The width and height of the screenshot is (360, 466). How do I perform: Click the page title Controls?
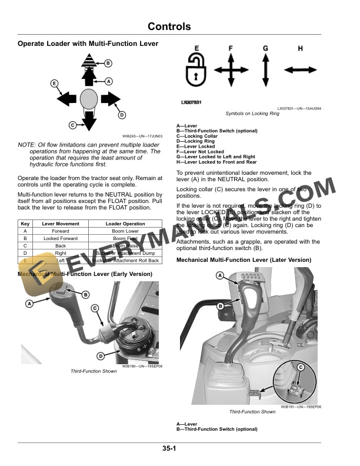coord(169,26)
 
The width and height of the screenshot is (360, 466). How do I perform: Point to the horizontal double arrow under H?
coord(301,70)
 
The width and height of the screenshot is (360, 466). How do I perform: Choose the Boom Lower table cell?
coord(125,231)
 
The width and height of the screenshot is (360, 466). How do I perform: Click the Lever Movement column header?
coord(61,224)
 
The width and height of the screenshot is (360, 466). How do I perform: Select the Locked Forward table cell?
coord(61,238)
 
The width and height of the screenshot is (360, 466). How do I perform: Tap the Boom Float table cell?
coord(125,238)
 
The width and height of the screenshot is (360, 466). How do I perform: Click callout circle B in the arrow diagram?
coord(108,63)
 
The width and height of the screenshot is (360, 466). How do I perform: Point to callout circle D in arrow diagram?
coord(122,115)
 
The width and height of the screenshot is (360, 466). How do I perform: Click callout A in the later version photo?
coord(219,275)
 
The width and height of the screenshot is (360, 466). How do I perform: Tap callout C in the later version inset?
coord(300,367)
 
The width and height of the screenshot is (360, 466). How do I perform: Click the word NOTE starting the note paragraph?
coord(26,145)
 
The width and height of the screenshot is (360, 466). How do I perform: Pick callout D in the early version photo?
coord(101,355)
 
